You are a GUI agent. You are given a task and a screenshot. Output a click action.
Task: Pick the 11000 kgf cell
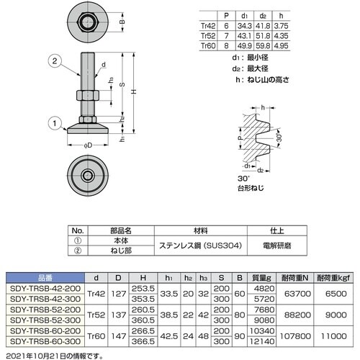coord(332,335)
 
